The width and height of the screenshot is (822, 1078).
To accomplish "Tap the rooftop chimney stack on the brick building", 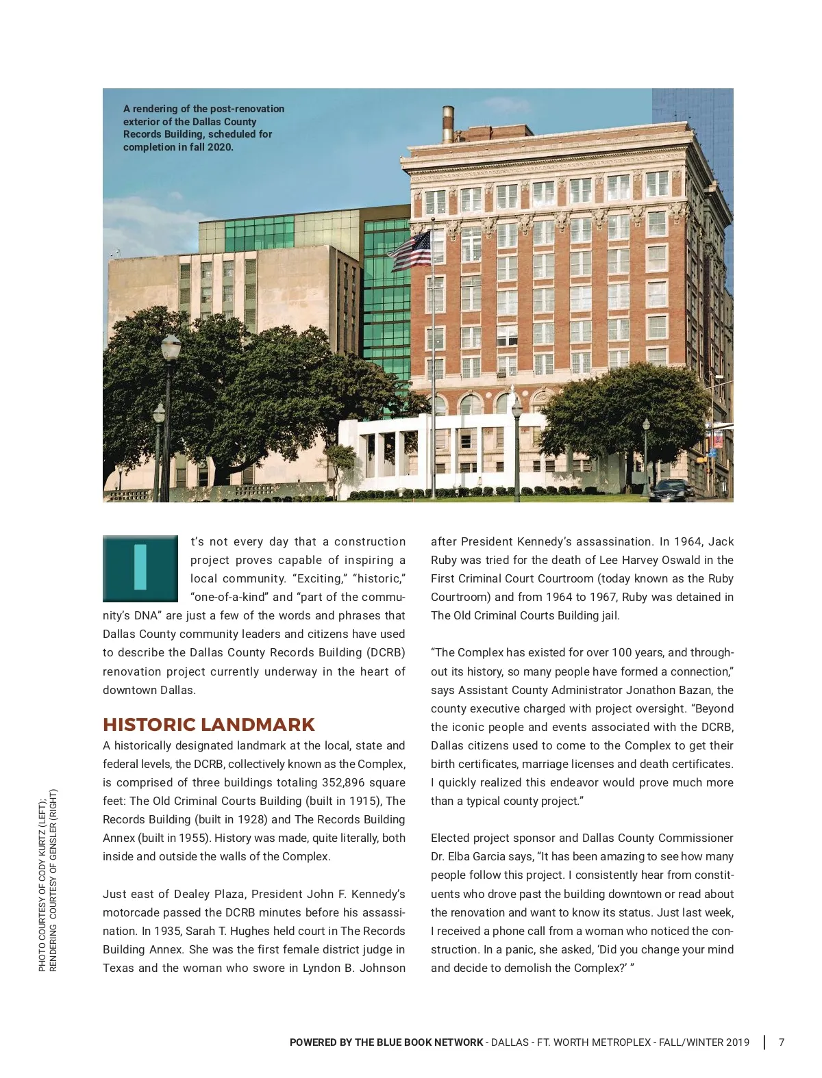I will tap(448, 125).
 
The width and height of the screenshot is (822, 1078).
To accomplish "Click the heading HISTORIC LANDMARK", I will tap(209, 725).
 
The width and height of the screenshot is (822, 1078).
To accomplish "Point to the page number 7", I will tap(782, 1042).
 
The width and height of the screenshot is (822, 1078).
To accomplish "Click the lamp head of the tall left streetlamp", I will tap(171, 348).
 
